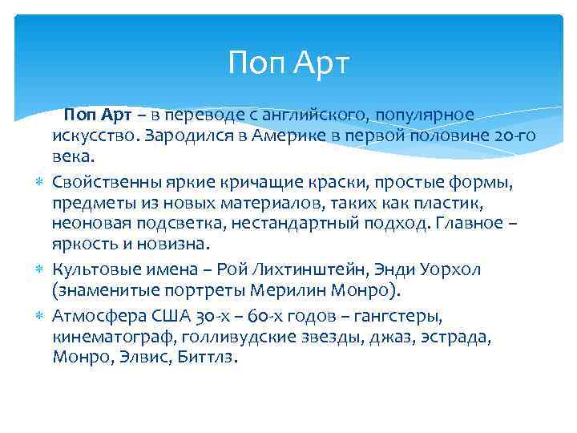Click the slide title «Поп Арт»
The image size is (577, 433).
click(x=288, y=63)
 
